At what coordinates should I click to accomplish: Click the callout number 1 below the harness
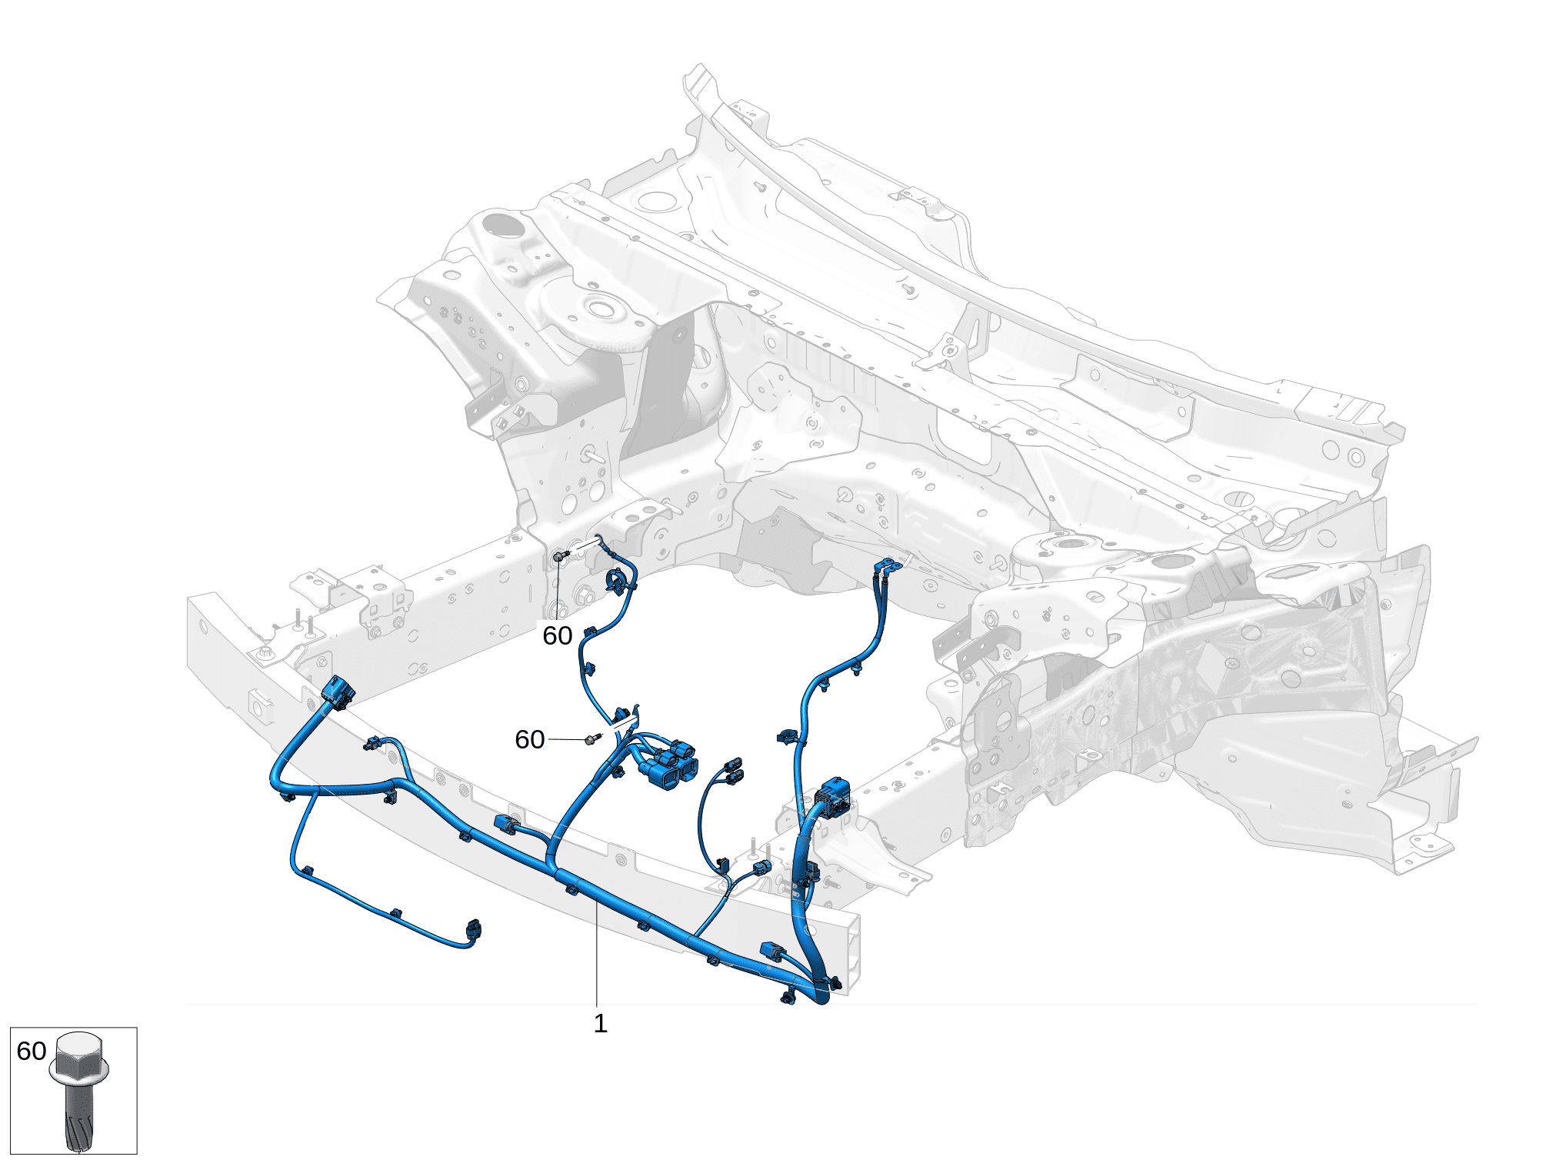pos(601,1024)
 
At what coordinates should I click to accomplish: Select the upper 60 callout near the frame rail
pos(558,635)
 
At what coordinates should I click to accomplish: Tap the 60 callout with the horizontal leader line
pos(530,739)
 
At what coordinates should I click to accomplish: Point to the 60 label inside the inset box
pos(32,1051)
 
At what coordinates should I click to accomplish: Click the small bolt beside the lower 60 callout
pos(591,739)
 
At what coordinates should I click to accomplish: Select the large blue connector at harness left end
pos(338,692)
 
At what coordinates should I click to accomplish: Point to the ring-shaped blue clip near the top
pos(617,581)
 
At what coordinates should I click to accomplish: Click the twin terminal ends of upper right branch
pos(888,568)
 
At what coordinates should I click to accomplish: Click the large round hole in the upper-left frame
pos(501,225)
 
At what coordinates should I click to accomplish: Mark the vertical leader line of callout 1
pos(597,954)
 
